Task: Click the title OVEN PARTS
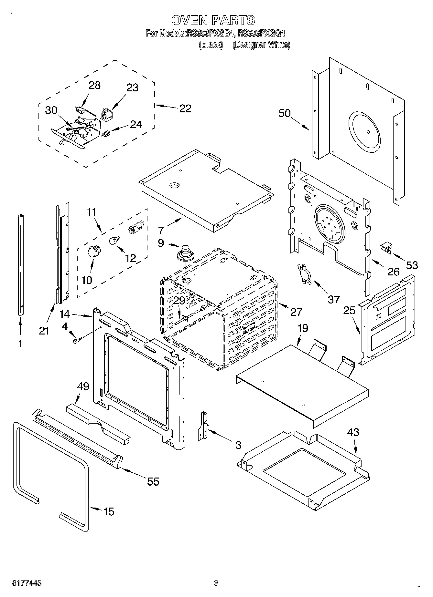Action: point(213,20)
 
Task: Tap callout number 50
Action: point(285,114)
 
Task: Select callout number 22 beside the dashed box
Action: point(185,108)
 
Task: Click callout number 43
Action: point(353,432)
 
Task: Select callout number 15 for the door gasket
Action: point(109,511)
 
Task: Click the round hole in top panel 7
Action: point(174,185)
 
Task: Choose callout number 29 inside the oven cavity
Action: point(179,301)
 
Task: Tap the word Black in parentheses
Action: point(211,45)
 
